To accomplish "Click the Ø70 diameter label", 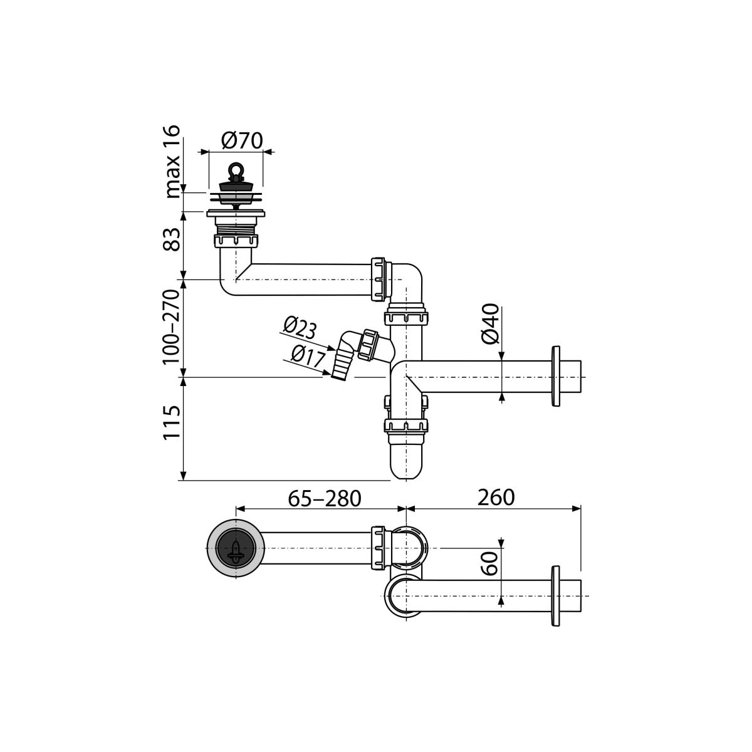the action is [242, 141].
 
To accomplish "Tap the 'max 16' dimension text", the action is [172, 162].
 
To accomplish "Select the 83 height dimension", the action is [172, 239].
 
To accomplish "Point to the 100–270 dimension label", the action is [172, 327].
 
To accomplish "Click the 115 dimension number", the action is [172, 423].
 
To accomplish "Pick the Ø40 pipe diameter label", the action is [491, 323].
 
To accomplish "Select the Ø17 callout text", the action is [308, 357].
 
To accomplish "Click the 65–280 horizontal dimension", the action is [324, 498].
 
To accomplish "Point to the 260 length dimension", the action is [496, 498].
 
